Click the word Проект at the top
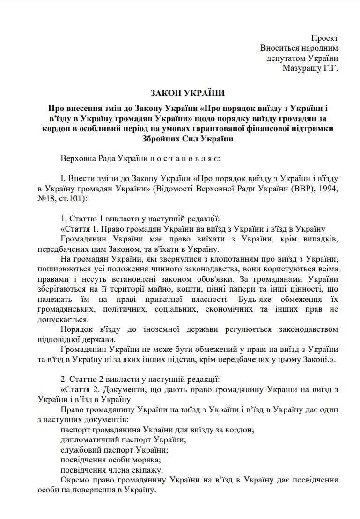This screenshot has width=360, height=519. [324, 37]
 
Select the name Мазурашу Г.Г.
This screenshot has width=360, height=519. [310, 68]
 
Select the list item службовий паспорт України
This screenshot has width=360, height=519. [114, 450]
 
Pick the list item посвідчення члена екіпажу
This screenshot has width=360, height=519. [112, 470]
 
